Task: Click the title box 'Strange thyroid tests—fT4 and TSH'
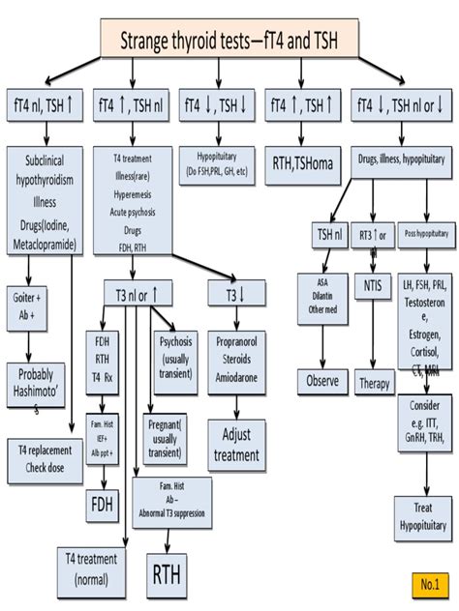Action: pyautogui.click(x=229, y=41)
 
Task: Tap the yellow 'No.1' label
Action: pyautogui.click(x=429, y=584)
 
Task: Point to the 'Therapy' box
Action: pyautogui.click(x=374, y=382)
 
